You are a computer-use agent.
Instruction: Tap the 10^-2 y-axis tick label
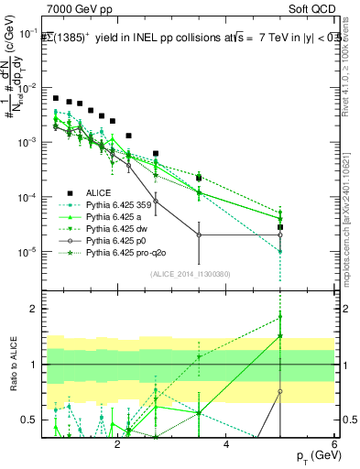tap(31, 88)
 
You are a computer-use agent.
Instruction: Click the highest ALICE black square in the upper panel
tap(56, 98)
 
